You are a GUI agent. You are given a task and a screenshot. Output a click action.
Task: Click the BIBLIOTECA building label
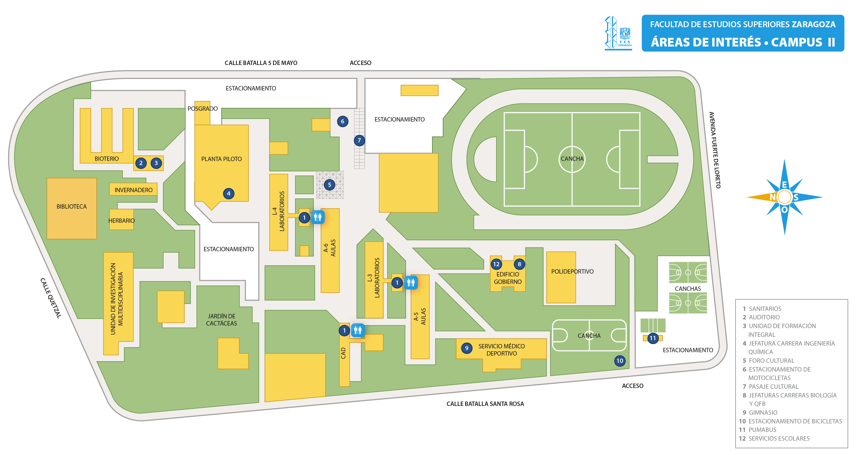click(x=71, y=206)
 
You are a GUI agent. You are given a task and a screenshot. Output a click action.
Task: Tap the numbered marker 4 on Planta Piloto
click(x=229, y=193)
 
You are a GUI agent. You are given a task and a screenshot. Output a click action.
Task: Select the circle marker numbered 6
click(x=342, y=121)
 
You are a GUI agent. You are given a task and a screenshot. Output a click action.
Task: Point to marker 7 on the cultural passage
click(x=359, y=140)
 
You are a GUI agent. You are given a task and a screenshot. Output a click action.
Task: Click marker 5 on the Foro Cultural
click(x=329, y=185)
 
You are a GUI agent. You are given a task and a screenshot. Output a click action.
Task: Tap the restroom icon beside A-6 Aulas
click(x=318, y=217)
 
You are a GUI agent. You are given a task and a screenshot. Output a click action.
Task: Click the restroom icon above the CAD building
click(x=358, y=330)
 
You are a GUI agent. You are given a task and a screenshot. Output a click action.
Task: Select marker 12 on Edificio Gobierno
click(x=496, y=264)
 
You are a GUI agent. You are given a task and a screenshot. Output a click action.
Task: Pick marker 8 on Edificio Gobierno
click(x=519, y=264)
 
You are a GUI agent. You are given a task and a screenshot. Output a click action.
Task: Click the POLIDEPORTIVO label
click(x=572, y=272)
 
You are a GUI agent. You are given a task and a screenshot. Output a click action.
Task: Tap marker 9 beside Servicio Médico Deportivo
click(x=466, y=348)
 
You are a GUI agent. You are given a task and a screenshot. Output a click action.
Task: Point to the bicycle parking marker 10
click(x=619, y=361)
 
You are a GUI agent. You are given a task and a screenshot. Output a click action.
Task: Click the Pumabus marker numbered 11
click(x=653, y=338)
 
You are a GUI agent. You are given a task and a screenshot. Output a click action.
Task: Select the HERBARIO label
click(x=121, y=221)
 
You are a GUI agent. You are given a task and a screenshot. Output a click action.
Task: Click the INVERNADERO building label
click(x=133, y=190)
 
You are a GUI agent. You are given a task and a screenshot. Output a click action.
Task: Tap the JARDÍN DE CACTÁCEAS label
click(x=222, y=320)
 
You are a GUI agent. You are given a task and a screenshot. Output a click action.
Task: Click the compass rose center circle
click(x=784, y=197)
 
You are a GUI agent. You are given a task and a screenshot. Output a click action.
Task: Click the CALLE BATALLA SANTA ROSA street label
click(x=485, y=404)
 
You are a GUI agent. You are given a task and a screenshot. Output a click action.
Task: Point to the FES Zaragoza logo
click(x=618, y=33)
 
